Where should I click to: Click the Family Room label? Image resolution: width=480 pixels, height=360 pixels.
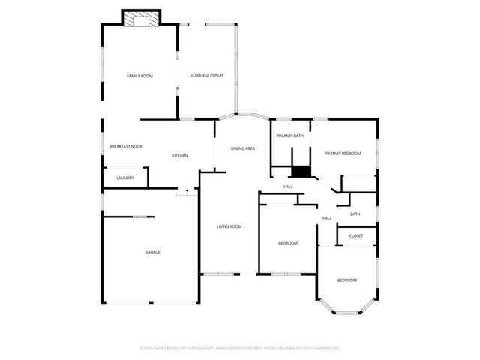(139, 76)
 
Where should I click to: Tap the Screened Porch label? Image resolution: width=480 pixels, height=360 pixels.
(206, 76)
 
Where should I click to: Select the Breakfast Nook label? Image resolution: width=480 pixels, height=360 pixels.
(126, 146)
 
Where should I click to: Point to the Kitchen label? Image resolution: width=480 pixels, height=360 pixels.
(180, 155)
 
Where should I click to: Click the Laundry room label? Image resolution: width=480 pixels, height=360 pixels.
(125, 178)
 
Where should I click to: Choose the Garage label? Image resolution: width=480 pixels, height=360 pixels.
(152, 252)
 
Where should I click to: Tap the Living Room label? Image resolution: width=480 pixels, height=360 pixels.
(229, 226)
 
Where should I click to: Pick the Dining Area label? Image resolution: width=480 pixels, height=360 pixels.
(243, 148)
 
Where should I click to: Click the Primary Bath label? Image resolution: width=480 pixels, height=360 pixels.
(289, 136)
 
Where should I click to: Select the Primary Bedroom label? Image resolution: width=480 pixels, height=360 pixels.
(343, 154)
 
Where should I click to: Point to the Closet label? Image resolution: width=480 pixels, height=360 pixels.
(356, 236)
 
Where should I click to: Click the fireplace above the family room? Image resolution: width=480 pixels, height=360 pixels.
(141, 19)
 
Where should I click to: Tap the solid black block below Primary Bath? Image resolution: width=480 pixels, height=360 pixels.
(301, 172)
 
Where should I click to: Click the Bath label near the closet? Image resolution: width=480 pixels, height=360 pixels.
(355, 214)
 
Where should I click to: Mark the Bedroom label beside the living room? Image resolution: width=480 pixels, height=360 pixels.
(288, 242)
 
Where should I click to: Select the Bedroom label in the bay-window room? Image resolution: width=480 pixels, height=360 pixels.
(346, 280)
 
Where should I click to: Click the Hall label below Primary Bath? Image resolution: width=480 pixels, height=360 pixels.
(288, 187)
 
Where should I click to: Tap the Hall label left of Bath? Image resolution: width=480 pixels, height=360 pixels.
(327, 218)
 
